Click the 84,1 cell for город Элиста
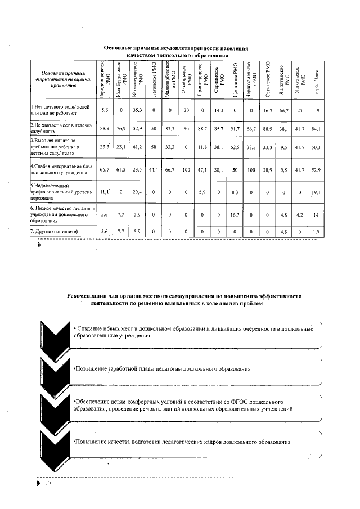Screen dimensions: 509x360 coord(316,129)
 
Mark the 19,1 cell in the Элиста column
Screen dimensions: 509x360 coord(316,192)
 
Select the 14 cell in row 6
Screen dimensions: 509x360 coord(316,214)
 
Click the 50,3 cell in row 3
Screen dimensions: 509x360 coord(316,148)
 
